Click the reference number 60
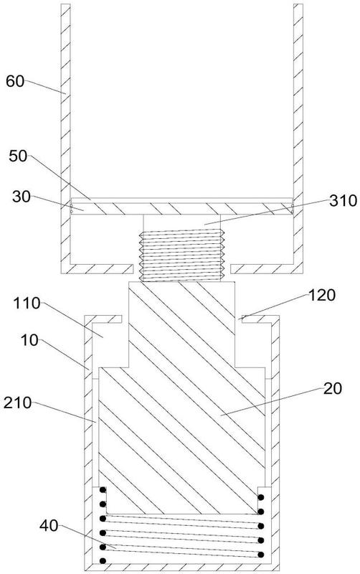click(15, 81)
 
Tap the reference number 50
click(18, 156)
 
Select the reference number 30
click(22, 197)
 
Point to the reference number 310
click(343, 201)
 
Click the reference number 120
click(322, 295)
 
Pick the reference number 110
click(27, 304)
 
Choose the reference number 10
click(29, 340)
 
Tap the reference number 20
click(332, 389)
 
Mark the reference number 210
click(17, 403)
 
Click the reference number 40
click(49, 526)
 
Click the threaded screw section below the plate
click(182, 255)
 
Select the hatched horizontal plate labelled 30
click(182, 208)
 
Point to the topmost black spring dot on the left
click(103, 490)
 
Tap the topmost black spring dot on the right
click(261, 497)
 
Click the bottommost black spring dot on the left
click(103, 560)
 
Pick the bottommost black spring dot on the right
click(261, 555)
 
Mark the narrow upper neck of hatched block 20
click(182, 324)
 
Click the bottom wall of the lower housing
click(182, 567)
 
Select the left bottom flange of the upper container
click(97, 268)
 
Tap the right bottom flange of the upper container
click(267, 268)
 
